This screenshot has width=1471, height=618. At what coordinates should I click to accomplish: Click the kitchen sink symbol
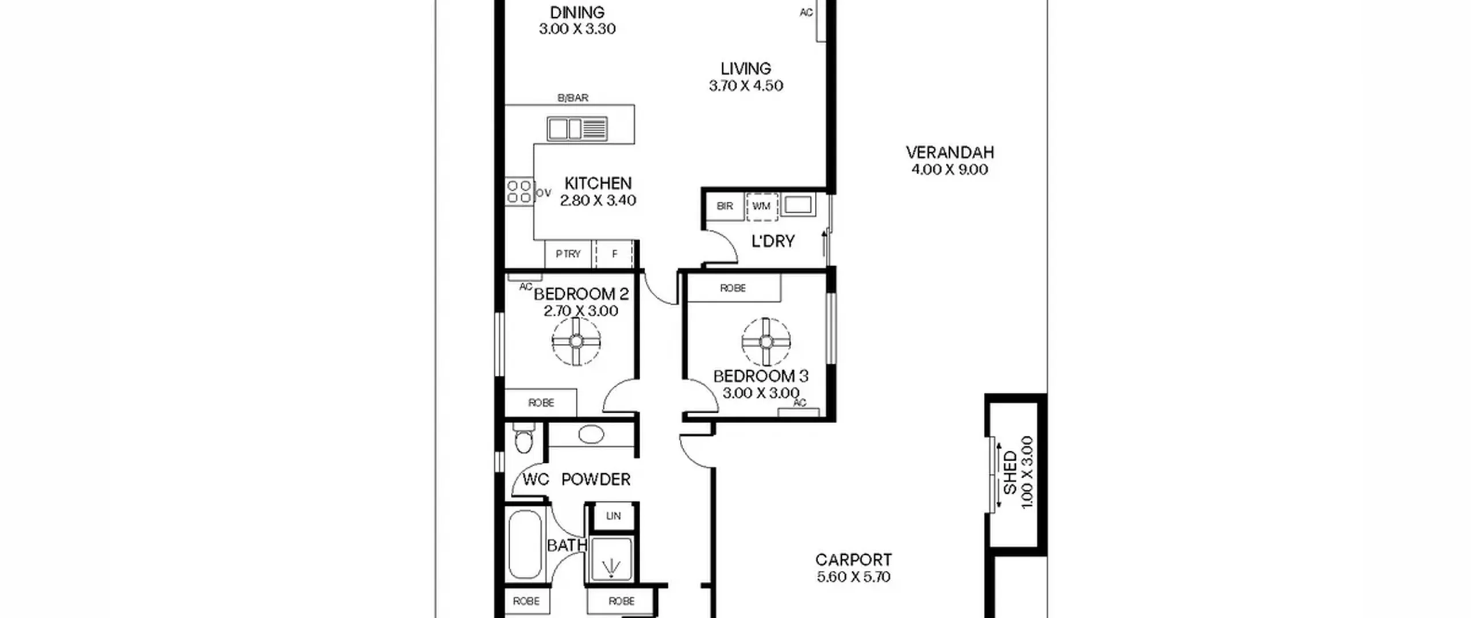click(x=577, y=128)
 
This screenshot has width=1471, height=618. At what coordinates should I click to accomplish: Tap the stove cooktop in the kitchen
click(x=519, y=192)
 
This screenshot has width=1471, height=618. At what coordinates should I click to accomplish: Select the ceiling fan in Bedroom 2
click(x=576, y=341)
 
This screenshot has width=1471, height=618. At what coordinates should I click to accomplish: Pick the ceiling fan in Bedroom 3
click(x=766, y=341)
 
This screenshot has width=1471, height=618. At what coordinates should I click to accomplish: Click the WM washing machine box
click(x=762, y=206)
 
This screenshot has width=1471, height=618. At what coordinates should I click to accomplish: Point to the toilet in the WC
click(x=523, y=439)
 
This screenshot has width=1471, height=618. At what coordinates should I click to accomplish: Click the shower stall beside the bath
click(x=611, y=558)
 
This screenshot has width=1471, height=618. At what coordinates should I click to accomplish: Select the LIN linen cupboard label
click(x=613, y=516)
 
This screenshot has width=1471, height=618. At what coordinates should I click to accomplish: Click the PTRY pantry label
click(x=568, y=254)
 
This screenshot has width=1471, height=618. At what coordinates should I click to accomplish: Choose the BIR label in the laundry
click(x=725, y=206)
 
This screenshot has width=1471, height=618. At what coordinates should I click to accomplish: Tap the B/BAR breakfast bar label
click(x=573, y=98)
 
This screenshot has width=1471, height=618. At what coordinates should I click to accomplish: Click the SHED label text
click(x=1010, y=473)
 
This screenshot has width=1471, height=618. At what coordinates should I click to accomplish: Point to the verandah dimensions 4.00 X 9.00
click(x=950, y=170)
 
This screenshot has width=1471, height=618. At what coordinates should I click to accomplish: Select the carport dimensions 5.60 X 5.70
click(x=854, y=577)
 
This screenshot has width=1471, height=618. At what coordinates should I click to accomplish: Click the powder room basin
click(x=591, y=434)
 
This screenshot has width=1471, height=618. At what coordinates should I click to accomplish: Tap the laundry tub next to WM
click(x=798, y=205)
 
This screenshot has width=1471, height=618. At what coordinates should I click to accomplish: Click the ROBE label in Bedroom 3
click(x=733, y=288)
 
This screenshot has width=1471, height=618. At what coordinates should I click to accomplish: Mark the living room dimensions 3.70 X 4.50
click(x=746, y=86)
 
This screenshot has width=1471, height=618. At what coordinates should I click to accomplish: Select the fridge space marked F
click(x=614, y=254)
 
